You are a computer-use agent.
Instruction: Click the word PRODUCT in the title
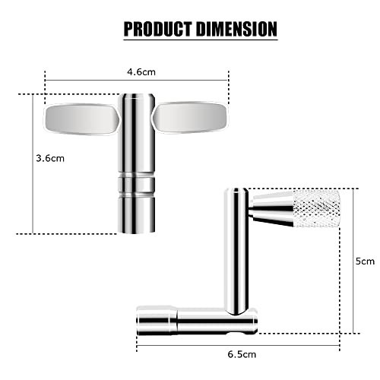pos(157,29)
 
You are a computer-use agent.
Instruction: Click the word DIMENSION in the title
pos(236,29)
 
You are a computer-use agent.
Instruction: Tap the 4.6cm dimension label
pos(141,72)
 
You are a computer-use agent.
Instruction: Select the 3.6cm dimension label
pos(50,158)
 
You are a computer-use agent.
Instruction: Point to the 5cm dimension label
pos(365,261)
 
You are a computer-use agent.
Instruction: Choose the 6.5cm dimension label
pos(242,354)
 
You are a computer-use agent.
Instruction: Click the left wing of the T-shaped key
pos(82,119)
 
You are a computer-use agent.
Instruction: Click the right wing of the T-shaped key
pos(191,118)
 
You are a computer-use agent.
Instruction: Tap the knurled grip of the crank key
pos(317,208)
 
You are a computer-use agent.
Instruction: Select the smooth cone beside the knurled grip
pos(271,209)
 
